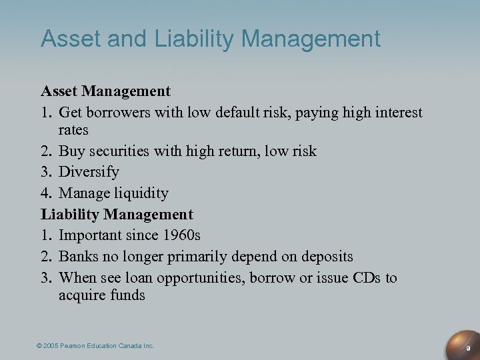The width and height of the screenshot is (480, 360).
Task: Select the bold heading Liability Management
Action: [117, 215]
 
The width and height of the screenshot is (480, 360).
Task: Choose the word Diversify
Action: [89, 172]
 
